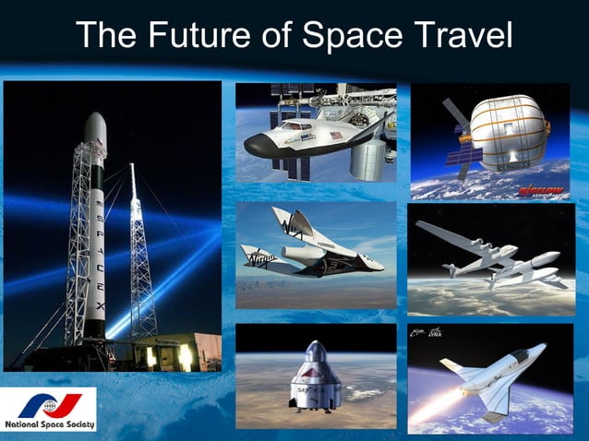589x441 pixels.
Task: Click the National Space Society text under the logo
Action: [48, 425]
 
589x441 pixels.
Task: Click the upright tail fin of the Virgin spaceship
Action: [282, 221]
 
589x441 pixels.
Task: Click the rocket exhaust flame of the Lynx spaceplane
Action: [439, 407]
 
